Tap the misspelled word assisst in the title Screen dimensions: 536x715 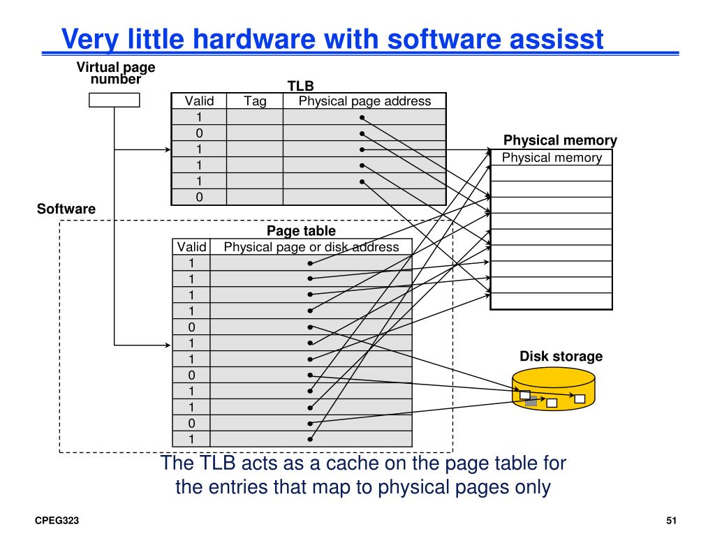click(552, 39)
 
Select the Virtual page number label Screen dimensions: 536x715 click(116, 73)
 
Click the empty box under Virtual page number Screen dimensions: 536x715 click(115, 100)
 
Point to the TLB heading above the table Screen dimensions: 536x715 click(301, 86)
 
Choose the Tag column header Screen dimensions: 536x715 click(255, 101)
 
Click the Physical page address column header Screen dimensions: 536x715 click(364, 101)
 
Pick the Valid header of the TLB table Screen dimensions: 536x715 click(199, 101)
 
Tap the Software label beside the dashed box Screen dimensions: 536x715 click(66, 209)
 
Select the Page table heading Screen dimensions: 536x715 click(301, 230)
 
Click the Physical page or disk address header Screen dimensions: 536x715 click(311, 247)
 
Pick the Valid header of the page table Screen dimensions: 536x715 click(191, 247)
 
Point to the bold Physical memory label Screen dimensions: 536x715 click(560, 140)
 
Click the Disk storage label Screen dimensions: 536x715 click(561, 357)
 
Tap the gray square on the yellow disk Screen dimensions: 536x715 click(531, 402)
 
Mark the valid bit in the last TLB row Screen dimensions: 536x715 click(199, 198)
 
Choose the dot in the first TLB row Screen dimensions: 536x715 click(362, 117)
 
